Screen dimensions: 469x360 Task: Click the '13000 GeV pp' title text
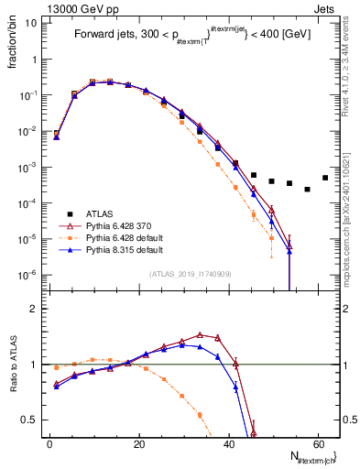click(74, 7)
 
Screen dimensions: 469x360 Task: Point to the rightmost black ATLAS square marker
click(325, 178)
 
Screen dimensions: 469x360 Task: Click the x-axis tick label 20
click(138, 444)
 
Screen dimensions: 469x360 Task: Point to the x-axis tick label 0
click(49, 444)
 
